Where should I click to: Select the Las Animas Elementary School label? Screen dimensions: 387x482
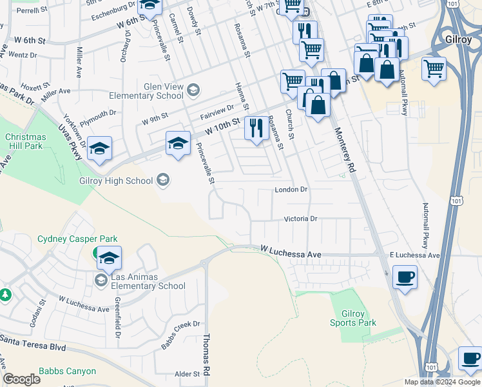[x=148, y=282]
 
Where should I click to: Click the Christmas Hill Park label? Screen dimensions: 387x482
[x=26, y=142]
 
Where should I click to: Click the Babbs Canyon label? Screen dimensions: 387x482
[x=67, y=371]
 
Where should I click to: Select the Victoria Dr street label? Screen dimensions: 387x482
[x=301, y=219]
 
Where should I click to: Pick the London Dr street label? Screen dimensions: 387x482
[x=291, y=190]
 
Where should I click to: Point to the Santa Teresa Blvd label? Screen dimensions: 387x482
[x=34, y=346]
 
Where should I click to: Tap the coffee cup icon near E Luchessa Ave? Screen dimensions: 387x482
[x=405, y=277]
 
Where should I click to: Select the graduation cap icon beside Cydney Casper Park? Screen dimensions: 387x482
[x=109, y=258]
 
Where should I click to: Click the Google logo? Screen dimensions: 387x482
[x=21, y=379]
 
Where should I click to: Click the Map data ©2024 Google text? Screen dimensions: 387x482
[x=441, y=382]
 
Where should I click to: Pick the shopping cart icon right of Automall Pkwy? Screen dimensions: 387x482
[x=434, y=67]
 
